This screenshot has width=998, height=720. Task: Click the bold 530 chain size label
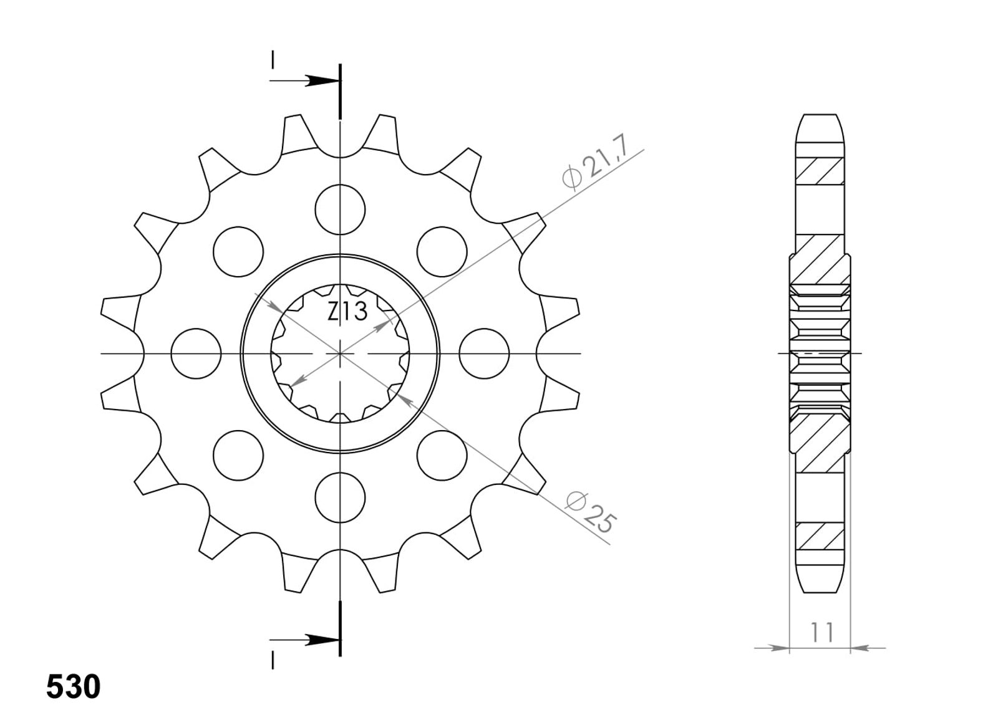[x=74, y=686]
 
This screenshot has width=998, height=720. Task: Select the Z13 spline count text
[x=347, y=311]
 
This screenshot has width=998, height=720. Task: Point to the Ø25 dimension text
[x=590, y=512]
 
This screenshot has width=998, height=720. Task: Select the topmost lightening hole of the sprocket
[x=340, y=209]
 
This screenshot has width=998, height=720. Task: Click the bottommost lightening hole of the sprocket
[x=340, y=497]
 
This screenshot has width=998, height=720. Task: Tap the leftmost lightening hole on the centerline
[x=196, y=353]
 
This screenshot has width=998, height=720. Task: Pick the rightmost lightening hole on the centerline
[x=484, y=353]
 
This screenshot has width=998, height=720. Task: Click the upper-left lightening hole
[x=238, y=252]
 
